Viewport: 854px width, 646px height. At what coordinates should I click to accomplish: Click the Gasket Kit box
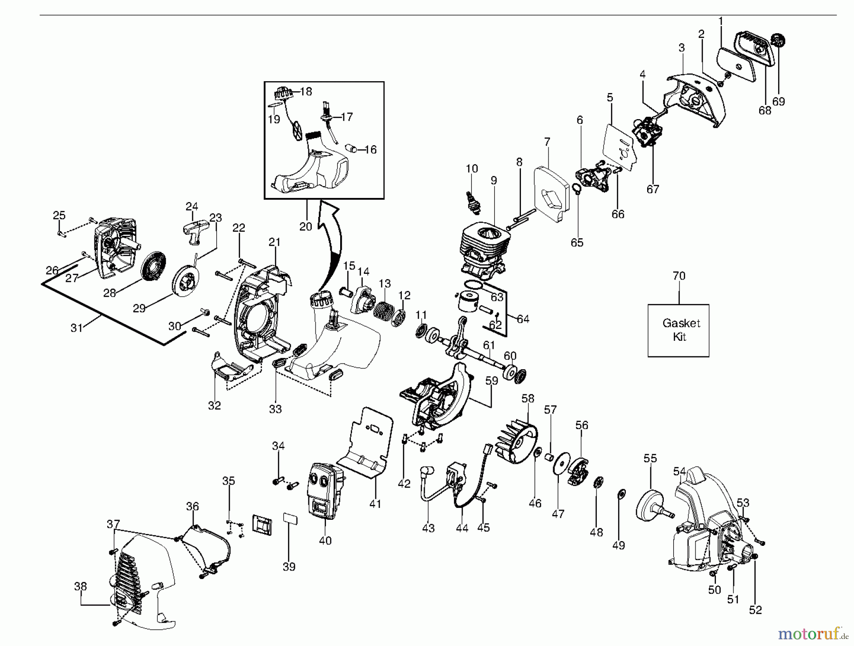(x=678, y=330)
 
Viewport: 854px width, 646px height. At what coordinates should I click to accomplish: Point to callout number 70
(x=679, y=276)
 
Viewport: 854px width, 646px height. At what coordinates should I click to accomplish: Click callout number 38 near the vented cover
(x=81, y=587)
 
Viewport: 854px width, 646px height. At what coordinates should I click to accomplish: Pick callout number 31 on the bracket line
(x=77, y=328)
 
